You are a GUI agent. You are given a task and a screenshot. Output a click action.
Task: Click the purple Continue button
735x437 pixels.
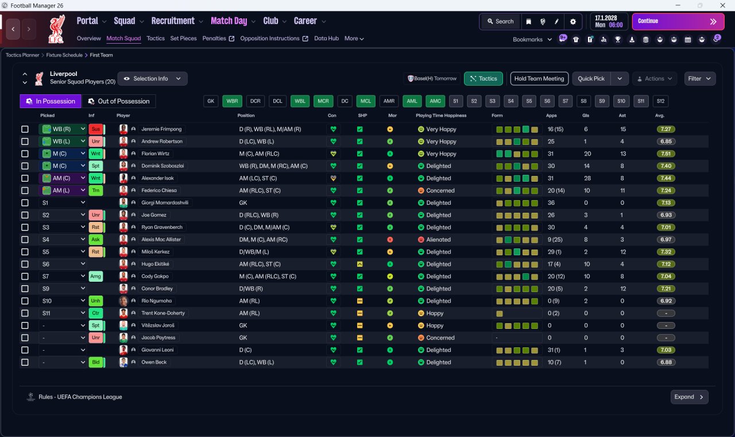[x=678, y=21]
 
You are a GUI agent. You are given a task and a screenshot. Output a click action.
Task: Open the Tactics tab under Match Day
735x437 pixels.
[x=156, y=39]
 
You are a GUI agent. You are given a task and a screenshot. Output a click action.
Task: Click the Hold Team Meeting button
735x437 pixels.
[x=539, y=79]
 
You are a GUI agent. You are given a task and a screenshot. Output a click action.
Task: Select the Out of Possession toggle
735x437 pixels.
[x=119, y=101]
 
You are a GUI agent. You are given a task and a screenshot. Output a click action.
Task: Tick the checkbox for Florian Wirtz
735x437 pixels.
[x=25, y=154]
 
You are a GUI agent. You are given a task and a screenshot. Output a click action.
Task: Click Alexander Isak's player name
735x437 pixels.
[x=157, y=178]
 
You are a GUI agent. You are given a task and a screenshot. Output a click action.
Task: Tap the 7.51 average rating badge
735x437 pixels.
[x=666, y=154]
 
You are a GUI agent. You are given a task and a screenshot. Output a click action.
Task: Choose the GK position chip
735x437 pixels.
[x=211, y=101]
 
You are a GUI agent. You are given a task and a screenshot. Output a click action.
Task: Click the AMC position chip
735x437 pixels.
[x=435, y=101]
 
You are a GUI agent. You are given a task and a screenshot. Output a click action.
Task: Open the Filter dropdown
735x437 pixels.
[x=699, y=79]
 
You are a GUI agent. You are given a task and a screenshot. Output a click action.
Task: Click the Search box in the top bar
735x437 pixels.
[x=501, y=21]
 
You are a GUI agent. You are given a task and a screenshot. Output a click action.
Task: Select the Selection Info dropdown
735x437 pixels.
[x=152, y=79]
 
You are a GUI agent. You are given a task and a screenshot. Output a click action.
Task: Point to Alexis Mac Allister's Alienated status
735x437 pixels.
[x=438, y=240]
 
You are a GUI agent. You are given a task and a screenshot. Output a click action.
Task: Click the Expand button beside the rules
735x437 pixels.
[x=689, y=397]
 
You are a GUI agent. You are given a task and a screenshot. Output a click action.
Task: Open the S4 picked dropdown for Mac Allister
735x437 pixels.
[x=63, y=240]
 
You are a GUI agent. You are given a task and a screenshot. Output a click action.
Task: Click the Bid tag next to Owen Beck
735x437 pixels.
[x=96, y=362]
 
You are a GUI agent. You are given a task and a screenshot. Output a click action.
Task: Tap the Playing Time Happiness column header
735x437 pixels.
[x=441, y=116]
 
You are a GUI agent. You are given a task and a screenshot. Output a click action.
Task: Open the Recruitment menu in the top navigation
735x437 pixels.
[x=173, y=21]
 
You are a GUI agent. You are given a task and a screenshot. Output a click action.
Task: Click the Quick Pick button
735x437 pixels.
[x=591, y=79]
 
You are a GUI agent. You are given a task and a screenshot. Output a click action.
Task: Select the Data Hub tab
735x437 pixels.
[x=326, y=39]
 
